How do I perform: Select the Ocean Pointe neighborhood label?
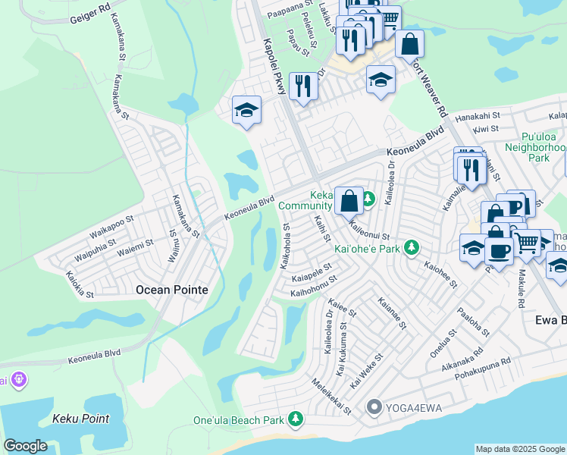point(171,289)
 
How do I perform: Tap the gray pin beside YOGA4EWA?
point(373,409)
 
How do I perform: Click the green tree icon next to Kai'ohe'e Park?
point(412,248)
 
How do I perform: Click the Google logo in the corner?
point(25,446)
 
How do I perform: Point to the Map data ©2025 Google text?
point(519,449)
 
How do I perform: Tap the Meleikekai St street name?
point(331,395)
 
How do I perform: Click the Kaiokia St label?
point(79,285)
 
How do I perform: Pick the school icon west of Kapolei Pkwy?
point(247,111)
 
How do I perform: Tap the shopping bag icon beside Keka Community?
point(349,202)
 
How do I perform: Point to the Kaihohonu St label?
point(314,285)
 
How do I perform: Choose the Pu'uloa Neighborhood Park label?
point(537,147)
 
